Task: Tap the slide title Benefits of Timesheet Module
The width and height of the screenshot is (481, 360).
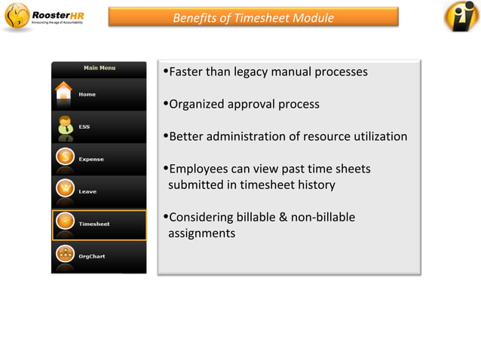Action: [x=253, y=17]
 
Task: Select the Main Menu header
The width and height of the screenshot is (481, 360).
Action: [x=99, y=68]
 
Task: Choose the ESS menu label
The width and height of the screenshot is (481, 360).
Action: [x=84, y=127]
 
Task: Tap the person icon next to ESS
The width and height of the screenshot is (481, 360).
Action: [x=64, y=127]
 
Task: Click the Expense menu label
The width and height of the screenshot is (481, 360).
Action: [x=91, y=159]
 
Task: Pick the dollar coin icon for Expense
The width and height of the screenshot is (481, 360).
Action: [x=64, y=159]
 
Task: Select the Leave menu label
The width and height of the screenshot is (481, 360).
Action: [x=87, y=191]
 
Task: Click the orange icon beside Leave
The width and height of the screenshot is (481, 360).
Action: [x=64, y=191]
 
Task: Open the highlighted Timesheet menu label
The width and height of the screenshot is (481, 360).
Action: [x=94, y=224]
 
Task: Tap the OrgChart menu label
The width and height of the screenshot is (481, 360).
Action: [x=92, y=256]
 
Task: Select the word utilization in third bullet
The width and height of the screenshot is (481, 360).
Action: [x=379, y=136]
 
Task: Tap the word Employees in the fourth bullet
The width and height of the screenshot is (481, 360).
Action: [x=198, y=169]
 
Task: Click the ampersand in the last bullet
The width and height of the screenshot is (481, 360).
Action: [x=283, y=218]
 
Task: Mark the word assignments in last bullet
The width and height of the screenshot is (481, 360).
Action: [x=201, y=233]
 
